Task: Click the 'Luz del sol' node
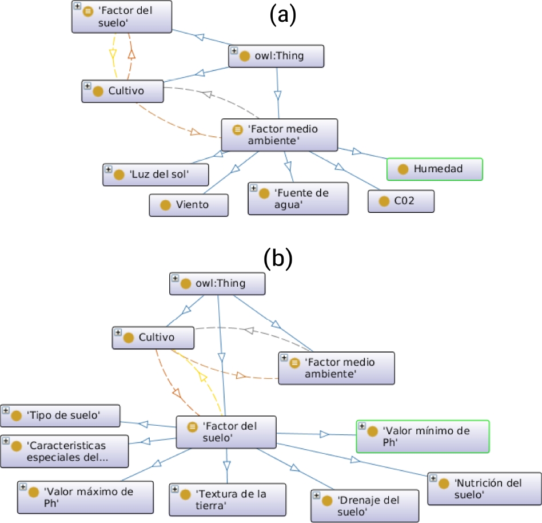pos(155,175)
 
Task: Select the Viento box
pos(189,205)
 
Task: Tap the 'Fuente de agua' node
pos(298,199)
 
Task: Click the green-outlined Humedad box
pos(435,169)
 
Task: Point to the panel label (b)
pos(278,259)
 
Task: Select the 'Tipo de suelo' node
pos(60,416)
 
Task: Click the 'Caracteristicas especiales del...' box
pos(64,451)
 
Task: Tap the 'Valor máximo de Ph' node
pos(86,497)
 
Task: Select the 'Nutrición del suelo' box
pos(484,488)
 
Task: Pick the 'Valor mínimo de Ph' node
pos(423,436)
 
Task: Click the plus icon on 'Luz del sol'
pos(108,169)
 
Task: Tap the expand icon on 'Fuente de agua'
pos(253,188)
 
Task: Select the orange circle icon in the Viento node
pos(165,205)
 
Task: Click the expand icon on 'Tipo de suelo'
pos(6,410)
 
